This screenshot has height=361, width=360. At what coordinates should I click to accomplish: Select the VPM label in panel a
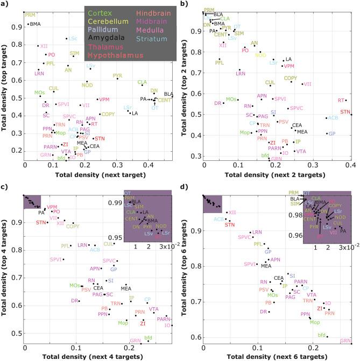tap(104, 100)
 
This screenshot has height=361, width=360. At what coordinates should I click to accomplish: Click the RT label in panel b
tap(341, 100)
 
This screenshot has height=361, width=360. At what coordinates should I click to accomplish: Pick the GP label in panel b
tap(332, 133)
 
